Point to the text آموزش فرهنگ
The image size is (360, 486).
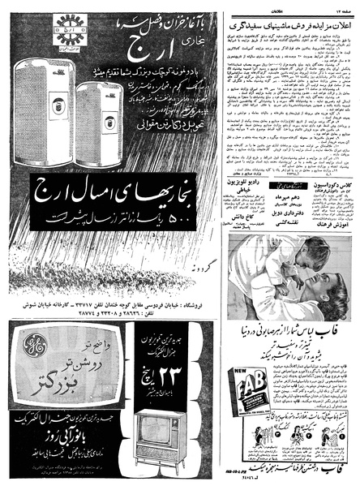point(334,221)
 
